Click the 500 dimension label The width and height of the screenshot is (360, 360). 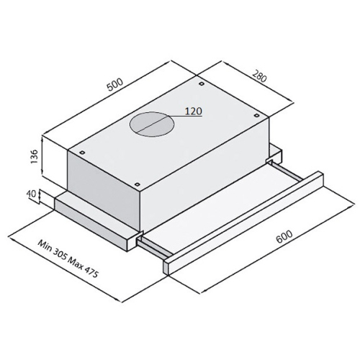click(x=115, y=84)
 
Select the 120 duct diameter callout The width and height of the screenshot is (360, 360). click(x=194, y=111)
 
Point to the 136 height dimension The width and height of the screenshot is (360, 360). click(x=35, y=156)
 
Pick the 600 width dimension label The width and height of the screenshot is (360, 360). click(x=284, y=236)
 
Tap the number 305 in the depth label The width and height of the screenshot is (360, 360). click(x=60, y=256)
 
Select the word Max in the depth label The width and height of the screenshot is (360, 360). click(x=75, y=264)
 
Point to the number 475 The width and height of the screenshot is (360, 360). click(x=91, y=274)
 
